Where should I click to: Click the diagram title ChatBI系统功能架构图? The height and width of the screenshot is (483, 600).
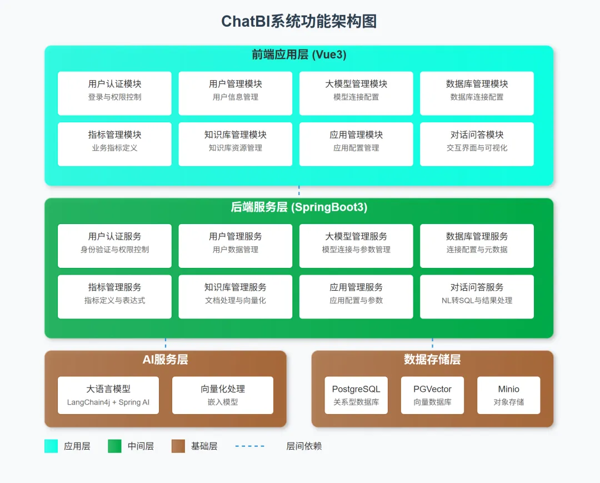click(299, 22)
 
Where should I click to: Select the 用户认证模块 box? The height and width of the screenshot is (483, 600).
click(114, 93)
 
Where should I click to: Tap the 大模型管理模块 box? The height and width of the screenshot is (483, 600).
click(356, 93)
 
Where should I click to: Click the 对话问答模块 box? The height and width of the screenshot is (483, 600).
click(477, 145)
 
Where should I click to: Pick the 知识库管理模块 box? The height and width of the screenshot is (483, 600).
click(236, 145)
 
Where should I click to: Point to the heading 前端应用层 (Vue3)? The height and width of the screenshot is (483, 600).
click(299, 54)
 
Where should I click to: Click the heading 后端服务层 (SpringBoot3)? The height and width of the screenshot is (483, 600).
click(299, 207)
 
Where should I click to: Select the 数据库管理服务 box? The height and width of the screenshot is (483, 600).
click(477, 246)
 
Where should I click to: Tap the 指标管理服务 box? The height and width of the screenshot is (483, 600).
click(114, 297)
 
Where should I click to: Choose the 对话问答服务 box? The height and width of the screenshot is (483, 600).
click(477, 297)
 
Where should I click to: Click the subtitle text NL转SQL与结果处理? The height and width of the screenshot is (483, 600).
click(477, 301)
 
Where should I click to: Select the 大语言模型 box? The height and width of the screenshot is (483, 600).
click(108, 395)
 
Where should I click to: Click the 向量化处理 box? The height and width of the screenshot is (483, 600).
click(223, 395)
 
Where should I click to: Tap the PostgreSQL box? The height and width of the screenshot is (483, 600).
click(356, 395)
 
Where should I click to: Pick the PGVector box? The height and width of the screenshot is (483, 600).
click(432, 395)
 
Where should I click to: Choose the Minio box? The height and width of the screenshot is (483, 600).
click(508, 395)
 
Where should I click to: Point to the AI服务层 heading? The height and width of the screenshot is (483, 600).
click(166, 360)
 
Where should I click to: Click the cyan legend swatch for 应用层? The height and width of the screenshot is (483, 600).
click(51, 446)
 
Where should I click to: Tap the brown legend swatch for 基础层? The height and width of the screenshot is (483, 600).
click(178, 446)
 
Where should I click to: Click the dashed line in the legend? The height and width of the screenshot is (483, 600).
click(249, 446)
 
